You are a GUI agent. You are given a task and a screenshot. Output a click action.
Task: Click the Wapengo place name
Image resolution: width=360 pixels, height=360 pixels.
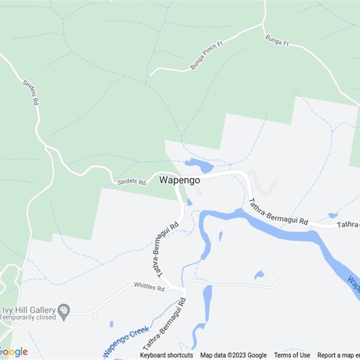[x=180, y=180]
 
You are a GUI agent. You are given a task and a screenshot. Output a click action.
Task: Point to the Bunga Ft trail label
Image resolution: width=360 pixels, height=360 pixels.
[x=276, y=41]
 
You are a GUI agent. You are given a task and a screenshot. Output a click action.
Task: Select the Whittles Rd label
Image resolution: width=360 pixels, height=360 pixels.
[x=149, y=287]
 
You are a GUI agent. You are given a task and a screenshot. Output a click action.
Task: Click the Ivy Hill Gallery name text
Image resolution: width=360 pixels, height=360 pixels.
[x=29, y=310]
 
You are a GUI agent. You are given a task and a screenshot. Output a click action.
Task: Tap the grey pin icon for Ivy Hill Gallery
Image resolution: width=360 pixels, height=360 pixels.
[x=64, y=311]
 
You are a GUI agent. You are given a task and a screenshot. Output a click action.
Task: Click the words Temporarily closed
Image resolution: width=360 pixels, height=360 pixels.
[x=28, y=317]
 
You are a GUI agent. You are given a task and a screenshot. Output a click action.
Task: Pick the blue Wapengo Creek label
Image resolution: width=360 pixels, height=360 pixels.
[x=126, y=342]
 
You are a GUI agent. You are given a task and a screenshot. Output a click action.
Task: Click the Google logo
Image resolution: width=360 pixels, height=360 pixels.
[x=13, y=352]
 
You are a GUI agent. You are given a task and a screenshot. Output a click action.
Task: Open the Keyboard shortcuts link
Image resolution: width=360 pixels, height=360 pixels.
[x=166, y=355]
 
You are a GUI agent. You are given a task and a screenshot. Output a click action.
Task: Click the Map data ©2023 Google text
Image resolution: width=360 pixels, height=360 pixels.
[x=234, y=355]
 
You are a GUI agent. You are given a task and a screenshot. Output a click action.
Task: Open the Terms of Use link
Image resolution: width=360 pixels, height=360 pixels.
[x=292, y=355]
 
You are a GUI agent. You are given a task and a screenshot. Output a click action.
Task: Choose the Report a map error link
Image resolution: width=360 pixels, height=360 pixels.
[x=338, y=355]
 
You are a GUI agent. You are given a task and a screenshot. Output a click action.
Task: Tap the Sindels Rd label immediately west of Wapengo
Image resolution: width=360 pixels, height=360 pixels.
[x=131, y=182]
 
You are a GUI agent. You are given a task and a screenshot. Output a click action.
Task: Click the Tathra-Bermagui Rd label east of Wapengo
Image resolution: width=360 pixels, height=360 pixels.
[x=279, y=212]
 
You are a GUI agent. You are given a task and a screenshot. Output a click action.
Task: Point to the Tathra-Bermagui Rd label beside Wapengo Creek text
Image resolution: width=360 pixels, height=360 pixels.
[x=165, y=323]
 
